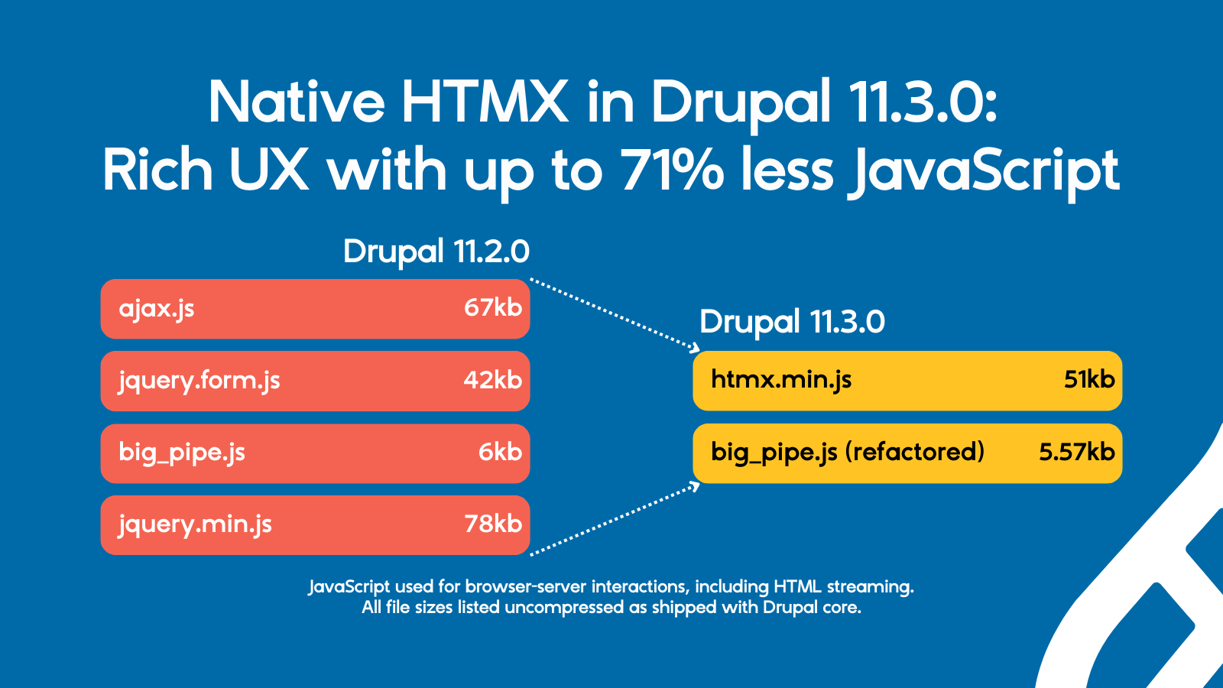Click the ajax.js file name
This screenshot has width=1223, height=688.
tap(156, 309)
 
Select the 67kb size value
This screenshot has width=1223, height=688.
tap(492, 308)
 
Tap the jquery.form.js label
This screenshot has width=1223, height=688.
tap(199, 381)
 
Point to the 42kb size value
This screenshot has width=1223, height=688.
tap(492, 380)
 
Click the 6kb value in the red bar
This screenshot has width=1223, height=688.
tap(500, 453)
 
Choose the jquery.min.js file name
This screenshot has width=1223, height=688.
tap(195, 524)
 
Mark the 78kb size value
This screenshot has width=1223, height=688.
tap(492, 524)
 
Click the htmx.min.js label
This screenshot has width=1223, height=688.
tap(780, 380)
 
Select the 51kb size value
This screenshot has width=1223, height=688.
tap(1088, 380)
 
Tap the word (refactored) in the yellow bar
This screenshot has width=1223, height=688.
tap(914, 453)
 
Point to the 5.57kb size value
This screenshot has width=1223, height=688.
tap(1076, 453)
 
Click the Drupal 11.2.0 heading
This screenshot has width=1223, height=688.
tap(436, 252)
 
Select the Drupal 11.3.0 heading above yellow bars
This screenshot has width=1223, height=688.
tap(792, 322)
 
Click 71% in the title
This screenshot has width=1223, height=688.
tap(672, 170)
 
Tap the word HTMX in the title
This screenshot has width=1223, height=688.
tap(485, 102)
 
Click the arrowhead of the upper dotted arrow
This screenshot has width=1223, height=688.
tap(695, 348)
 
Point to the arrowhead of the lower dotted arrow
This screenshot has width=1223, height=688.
tap(696, 485)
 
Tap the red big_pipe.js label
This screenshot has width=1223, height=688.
tap(182, 453)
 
